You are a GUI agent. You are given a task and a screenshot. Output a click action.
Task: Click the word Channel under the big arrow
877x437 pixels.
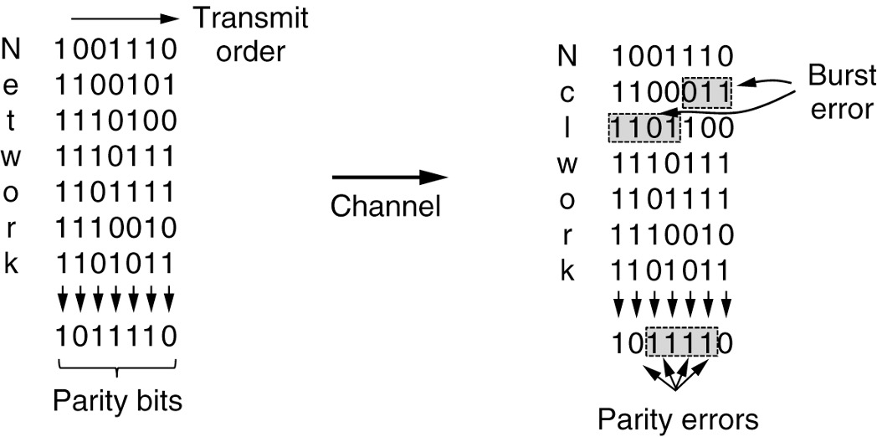385,206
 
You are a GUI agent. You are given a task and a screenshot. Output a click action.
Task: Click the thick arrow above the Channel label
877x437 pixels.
389,177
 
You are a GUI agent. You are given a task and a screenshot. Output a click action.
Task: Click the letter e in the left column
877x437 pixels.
13,85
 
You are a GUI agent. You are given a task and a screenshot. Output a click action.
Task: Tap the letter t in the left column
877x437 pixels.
12,121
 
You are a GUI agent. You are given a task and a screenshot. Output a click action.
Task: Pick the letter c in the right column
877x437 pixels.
567,92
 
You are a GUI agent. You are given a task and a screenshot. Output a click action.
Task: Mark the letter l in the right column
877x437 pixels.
567,128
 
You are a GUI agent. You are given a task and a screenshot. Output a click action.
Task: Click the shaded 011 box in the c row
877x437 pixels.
706,92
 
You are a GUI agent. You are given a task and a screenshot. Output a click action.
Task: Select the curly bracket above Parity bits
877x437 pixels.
117,366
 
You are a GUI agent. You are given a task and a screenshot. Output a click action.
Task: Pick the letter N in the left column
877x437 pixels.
13,49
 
